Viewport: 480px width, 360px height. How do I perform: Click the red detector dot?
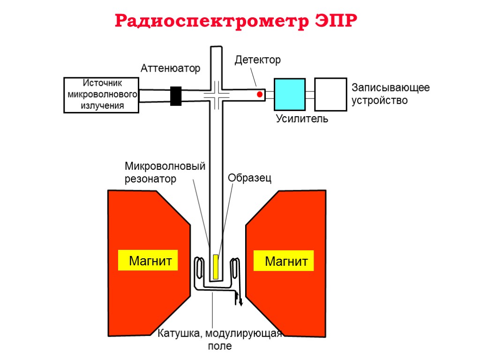pyautogui.click(x=259, y=95)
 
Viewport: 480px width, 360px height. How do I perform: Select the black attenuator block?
pyautogui.click(x=176, y=96)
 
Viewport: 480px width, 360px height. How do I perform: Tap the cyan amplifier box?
pyautogui.click(x=289, y=94)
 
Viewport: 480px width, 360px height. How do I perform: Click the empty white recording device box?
pyautogui.click(x=330, y=94)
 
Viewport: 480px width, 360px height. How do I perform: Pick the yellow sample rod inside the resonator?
pyautogui.click(x=216, y=267)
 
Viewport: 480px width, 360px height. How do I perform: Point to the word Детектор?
pyautogui.click(x=257, y=60)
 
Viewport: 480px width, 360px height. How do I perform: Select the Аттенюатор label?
pyautogui.click(x=170, y=68)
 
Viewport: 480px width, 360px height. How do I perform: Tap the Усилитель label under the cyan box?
pyautogui.click(x=302, y=119)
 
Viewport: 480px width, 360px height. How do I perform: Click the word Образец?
pyautogui.click(x=249, y=178)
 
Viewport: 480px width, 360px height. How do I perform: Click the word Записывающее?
pyautogui.click(x=390, y=88)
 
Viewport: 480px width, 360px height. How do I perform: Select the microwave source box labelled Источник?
pyautogui.click(x=102, y=95)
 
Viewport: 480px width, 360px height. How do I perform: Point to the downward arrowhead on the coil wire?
pyautogui.click(x=241, y=302)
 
